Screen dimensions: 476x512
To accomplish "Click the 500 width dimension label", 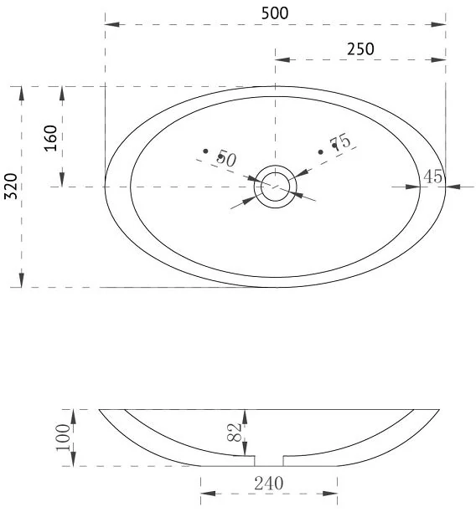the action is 275,13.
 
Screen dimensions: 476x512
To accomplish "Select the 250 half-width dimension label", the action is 360,49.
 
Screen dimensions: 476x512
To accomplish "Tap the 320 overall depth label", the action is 11,186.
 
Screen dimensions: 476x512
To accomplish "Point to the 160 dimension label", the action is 50,138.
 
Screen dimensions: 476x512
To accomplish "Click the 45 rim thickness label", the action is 433,177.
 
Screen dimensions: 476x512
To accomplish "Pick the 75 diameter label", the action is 340,142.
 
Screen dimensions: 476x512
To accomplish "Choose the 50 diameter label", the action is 226,158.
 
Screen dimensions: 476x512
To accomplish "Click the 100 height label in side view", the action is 64,438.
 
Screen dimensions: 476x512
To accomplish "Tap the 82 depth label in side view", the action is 235,433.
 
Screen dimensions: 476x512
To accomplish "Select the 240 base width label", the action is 269,484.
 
